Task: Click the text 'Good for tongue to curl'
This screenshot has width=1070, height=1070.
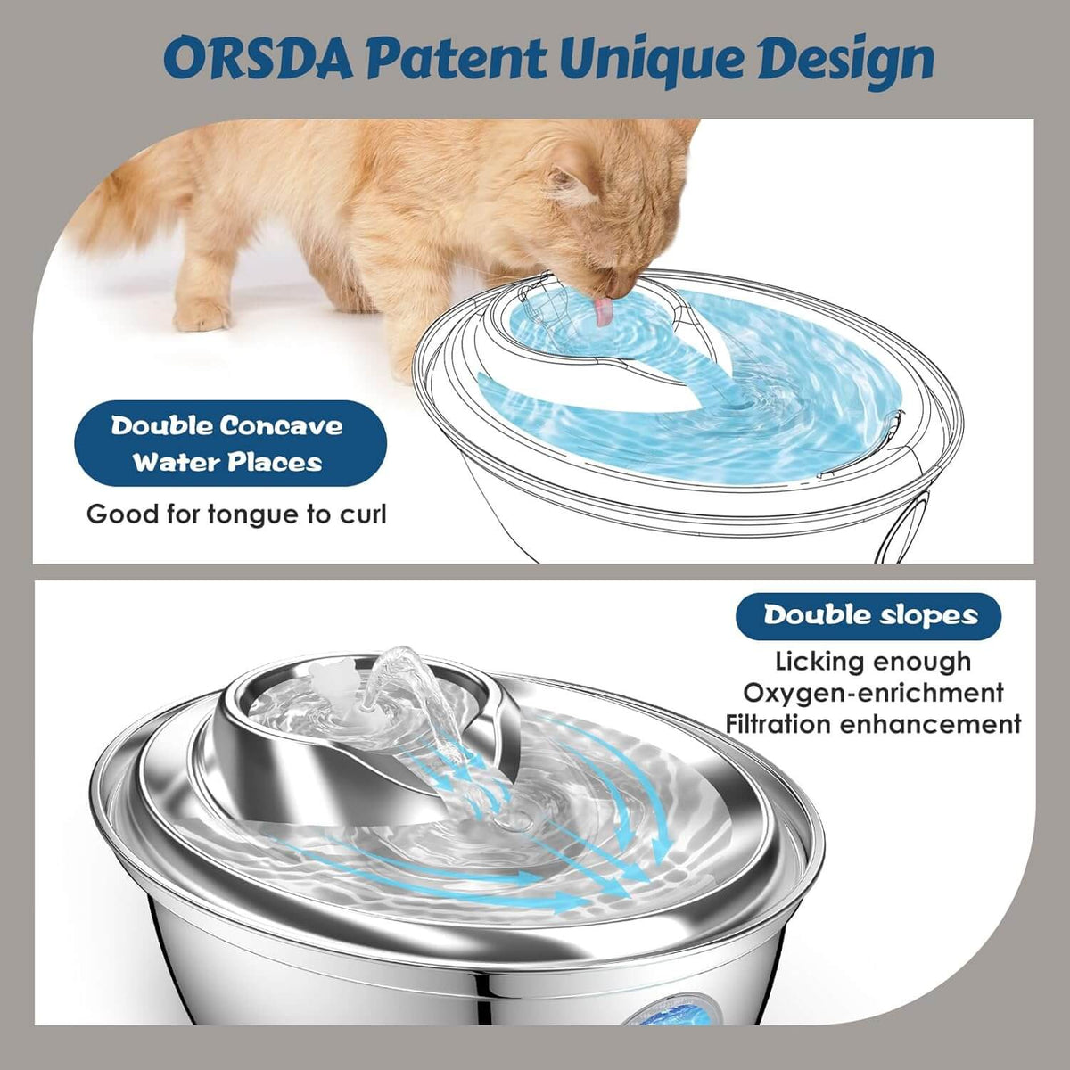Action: point(236,514)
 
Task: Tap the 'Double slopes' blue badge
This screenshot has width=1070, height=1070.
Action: point(868,615)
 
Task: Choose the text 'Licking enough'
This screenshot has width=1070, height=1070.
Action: point(873,662)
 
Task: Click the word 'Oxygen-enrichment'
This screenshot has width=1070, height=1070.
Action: point(873,693)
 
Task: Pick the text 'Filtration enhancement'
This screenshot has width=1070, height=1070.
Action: point(873,724)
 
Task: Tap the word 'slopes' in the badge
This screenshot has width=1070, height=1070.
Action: point(927,615)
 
